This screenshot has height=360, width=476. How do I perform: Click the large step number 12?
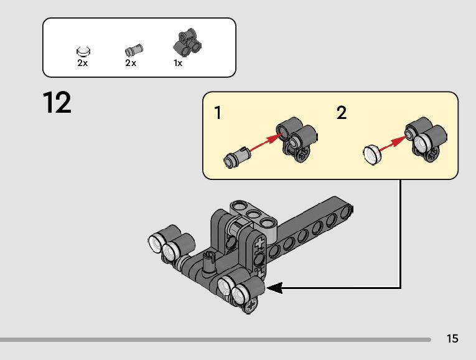pyautogui.click(x=57, y=103)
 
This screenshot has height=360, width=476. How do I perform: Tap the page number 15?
pyautogui.click(x=452, y=339)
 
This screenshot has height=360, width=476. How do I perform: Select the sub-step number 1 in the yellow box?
pyautogui.click(x=218, y=113)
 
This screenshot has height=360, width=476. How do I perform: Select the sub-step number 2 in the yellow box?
pyautogui.click(x=342, y=113)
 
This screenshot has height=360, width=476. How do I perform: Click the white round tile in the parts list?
pyautogui.click(x=83, y=51)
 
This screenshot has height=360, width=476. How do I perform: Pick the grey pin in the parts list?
pyautogui.click(x=133, y=50)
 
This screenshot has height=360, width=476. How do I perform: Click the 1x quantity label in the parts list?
pyautogui.click(x=178, y=64)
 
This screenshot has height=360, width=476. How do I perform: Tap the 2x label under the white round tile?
pyautogui.click(x=83, y=64)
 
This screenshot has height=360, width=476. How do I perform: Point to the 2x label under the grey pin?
pyautogui.click(x=130, y=64)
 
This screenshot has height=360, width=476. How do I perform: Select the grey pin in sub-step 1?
pyautogui.click(x=235, y=156)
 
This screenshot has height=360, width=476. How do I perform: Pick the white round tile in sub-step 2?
pyautogui.click(x=371, y=153)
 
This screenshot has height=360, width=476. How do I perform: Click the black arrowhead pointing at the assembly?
pyautogui.click(x=274, y=288)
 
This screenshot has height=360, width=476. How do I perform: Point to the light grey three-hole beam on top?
pyautogui.click(x=253, y=214)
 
